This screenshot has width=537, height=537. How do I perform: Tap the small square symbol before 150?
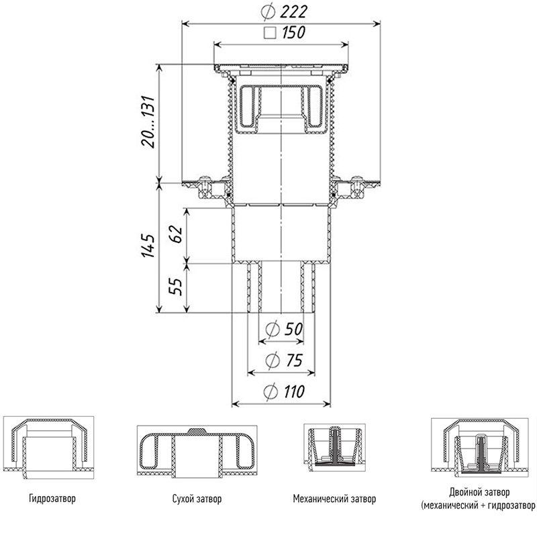coord(270,32)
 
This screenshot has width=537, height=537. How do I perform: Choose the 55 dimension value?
coord(175,287)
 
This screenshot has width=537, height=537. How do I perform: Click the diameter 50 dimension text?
coord(282,330)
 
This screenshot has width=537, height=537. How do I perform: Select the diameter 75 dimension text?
coord(282,360)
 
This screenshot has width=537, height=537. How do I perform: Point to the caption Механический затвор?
coord(334,499)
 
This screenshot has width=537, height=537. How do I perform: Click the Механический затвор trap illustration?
coord(336,448)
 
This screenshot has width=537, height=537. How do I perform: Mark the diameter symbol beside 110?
coord(271,392)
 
